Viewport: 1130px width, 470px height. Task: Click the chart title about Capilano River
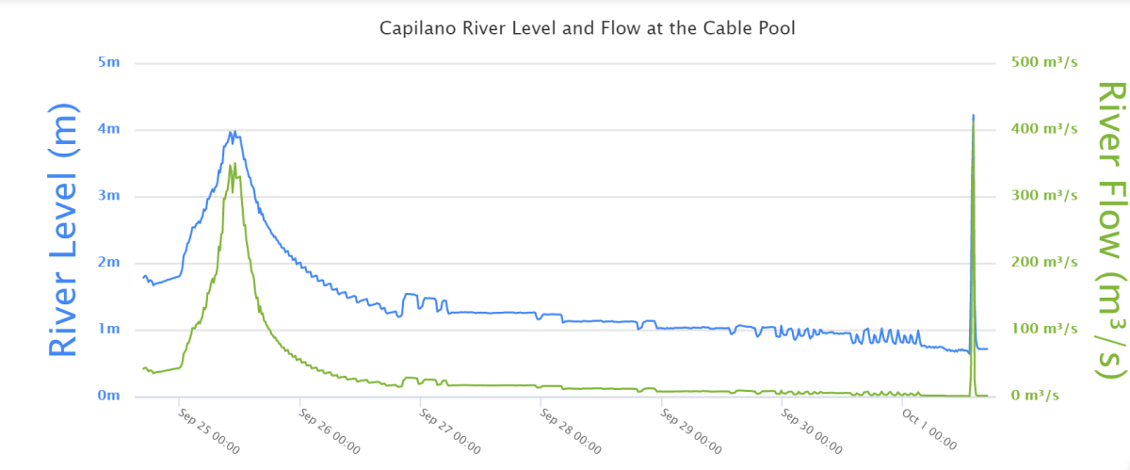pyautogui.click(x=587, y=28)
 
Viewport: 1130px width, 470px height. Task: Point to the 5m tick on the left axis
pyautogui.click(x=109, y=63)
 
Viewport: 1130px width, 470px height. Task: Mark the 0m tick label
pyautogui.click(x=109, y=397)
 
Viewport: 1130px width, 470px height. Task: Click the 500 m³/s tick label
pyautogui.click(x=1038, y=62)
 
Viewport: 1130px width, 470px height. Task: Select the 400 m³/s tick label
pyautogui.click(x=1038, y=129)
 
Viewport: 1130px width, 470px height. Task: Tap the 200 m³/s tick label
pyautogui.click(x=1038, y=262)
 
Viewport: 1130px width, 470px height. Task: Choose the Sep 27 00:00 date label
pyautogui.click(x=449, y=429)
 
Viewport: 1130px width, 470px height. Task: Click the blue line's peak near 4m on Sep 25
pyautogui.click(x=232, y=132)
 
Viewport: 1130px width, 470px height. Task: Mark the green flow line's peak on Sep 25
pyautogui.click(x=234, y=164)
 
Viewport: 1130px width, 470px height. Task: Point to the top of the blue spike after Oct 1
pyautogui.click(x=973, y=115)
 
